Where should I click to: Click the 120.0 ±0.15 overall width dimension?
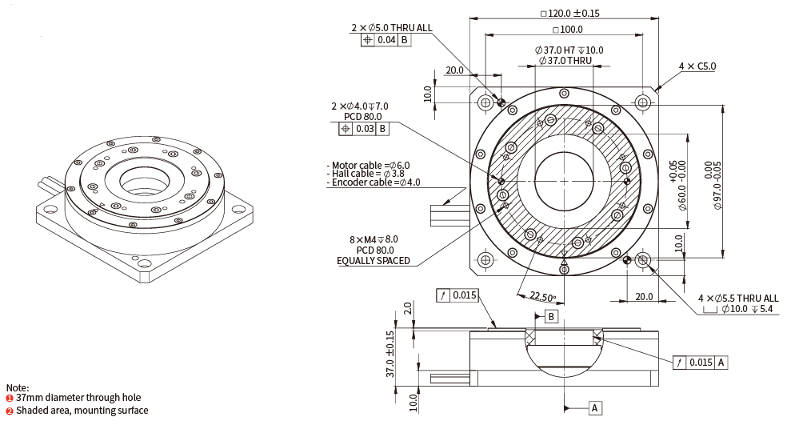tap(570, 13)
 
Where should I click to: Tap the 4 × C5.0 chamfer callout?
tap(697, 66)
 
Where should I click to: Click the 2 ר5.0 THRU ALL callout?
tap(391, 27)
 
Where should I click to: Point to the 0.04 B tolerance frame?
tap(386, 39)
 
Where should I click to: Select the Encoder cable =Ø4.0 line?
tap(374, 182)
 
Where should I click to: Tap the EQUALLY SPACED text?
tap(374, 261)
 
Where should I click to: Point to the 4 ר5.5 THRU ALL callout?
tap(738, 298)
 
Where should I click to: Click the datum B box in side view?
tap(552, 317)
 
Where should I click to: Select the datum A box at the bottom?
tap(595, 408)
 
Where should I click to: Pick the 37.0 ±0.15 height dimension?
tap(390, 354)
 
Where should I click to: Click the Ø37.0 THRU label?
tap(564, 60)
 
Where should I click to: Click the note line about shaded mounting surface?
tap(77, 411)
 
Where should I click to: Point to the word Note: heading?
tap(17, 387)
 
